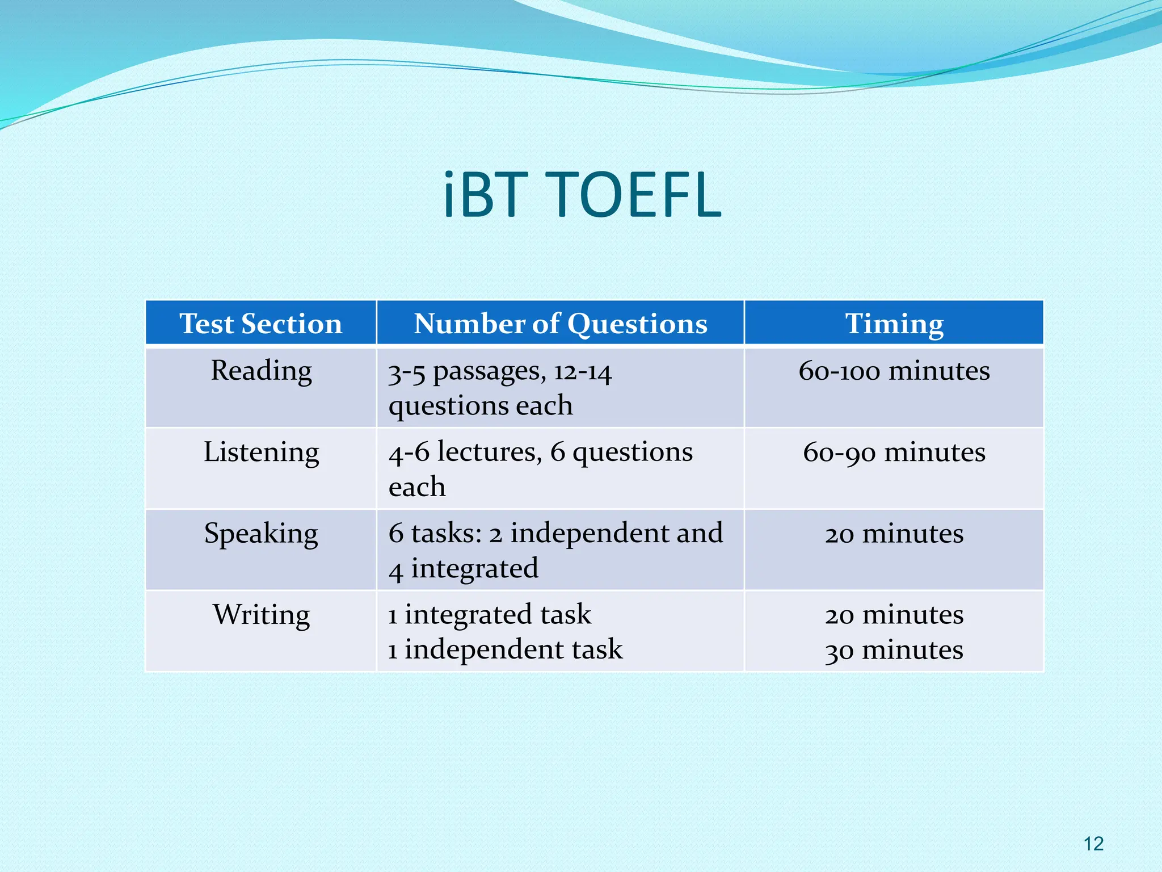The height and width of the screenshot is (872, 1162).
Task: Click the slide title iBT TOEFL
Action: coord(582,195)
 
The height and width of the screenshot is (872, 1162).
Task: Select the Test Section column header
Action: coord(260,324)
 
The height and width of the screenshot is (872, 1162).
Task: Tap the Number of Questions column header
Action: coord(560,324)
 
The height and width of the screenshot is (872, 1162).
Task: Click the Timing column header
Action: coord(894,324)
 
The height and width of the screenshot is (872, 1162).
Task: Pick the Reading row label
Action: coord(261,371)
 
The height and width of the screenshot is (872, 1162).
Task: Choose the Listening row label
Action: coord(261,452)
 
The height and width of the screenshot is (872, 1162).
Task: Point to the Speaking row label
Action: coord(261,534)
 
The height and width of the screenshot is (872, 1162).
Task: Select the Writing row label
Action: coord(261,615)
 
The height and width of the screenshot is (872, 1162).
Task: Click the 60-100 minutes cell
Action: coord(894,371)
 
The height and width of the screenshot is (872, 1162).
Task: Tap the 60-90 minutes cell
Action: coord(894,452)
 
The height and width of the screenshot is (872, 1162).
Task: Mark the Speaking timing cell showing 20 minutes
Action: coord(894,534)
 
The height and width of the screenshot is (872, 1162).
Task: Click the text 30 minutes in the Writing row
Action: coord(894,650)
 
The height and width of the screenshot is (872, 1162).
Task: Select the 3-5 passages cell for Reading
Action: coord(499,388)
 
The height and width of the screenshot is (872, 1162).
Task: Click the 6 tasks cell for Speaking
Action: coord(555,550)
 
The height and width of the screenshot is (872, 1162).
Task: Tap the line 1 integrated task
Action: coord(489,614)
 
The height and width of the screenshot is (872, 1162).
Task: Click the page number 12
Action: coord(1093,844)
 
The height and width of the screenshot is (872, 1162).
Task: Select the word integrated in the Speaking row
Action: coord(474,568)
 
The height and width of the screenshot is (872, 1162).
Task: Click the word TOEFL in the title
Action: coord(636,195)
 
